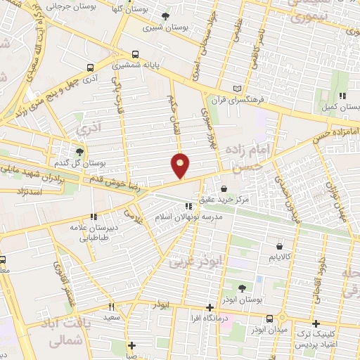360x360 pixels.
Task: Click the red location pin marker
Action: [x=181, y=165]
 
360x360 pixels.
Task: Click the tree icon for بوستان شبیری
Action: [x=165, y=17]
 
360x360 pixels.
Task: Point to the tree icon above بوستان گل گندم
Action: [x=79, y=151]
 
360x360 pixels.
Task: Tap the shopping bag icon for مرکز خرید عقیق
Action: [x=224, y=188]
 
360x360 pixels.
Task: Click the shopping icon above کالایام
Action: [x=280, y=247]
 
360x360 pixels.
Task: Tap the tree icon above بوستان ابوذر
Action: [x=242, y=288]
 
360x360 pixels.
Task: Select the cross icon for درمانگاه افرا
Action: [x=210, y=308]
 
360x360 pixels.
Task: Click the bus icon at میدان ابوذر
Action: [x=269, y=319]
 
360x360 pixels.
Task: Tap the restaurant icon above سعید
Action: [x=111, y=307]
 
